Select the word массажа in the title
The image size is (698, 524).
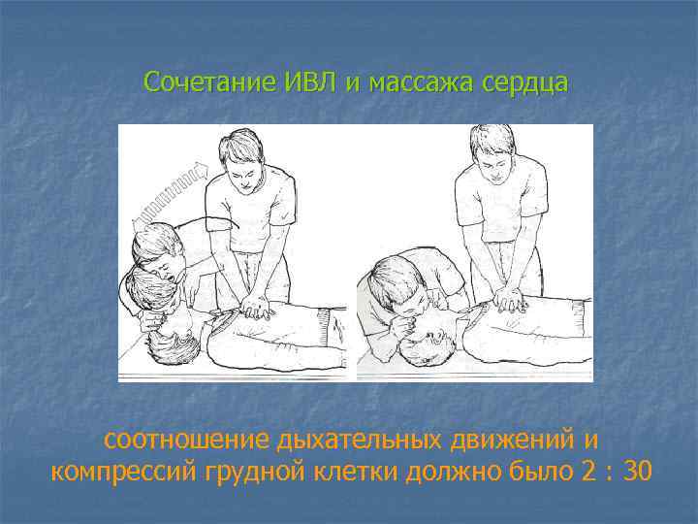pyautogui.click(x=408, y=82)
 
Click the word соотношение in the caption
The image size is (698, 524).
pyautogui.click(x=187, y=440)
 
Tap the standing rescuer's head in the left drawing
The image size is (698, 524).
pyautogui.click(x=240, y=155)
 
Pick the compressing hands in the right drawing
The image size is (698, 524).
pyautogui.click(x=507, y=297)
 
